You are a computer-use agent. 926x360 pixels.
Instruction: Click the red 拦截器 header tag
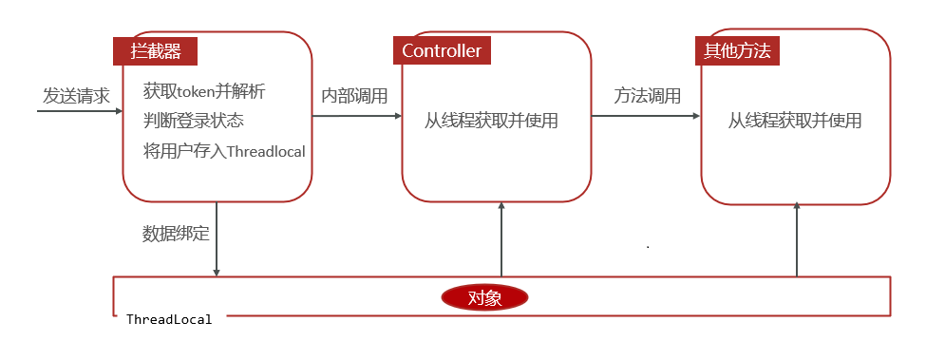pyautogui.click(x=155, y=50)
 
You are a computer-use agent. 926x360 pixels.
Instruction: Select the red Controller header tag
pyautogui.click(x=442, y=50)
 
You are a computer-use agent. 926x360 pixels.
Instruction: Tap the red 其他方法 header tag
pyautogui.click(x=737, y=50)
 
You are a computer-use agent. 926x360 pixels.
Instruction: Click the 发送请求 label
pyautogui.click(x=76, y=96)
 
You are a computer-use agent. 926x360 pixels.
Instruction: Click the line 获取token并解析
pyautogui.click(x=204, y=92)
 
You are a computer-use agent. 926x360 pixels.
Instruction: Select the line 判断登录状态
pyautogui.click(x=194, y=121)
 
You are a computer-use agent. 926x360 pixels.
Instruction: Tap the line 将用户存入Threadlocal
pyautogui.click(x=224, y=150)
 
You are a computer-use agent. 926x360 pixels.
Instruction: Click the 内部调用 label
pyautogui.click(x=354, y=96)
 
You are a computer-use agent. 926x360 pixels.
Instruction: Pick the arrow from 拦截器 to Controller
pyautogui.click(x=356, y=116)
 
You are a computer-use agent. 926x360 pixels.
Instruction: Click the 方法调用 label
pyautogui.click(x=647, y=96)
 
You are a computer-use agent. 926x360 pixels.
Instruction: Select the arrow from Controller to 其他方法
pyautogui.click(x=645, y=116)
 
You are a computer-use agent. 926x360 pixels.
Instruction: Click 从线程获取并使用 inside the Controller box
pyautogui.click(x=491, y=121)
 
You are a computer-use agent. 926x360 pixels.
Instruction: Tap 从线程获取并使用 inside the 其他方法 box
pyautogui.click(x=795, y=121)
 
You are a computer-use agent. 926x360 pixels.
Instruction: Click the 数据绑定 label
pyautogui.click(x=176, y=234)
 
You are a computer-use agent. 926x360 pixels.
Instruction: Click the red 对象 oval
pyautogui.click(x=484, y=297)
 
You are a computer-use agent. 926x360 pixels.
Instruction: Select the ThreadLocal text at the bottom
pyautogui.click(x=169, y=319)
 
